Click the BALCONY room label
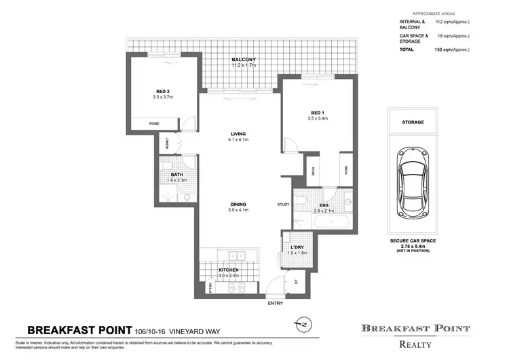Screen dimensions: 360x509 coord(242,59)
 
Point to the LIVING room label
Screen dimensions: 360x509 coord(238,134)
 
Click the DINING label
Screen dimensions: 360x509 coord(238,204)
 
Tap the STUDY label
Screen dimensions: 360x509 coord(283,204)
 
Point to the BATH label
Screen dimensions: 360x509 coord(176,175)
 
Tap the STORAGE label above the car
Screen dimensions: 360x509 coord(413,122)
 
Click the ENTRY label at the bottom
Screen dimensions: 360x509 coord(276,304)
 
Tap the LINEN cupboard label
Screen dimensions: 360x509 coord(167,144)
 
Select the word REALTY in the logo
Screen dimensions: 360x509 coord(415,344)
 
